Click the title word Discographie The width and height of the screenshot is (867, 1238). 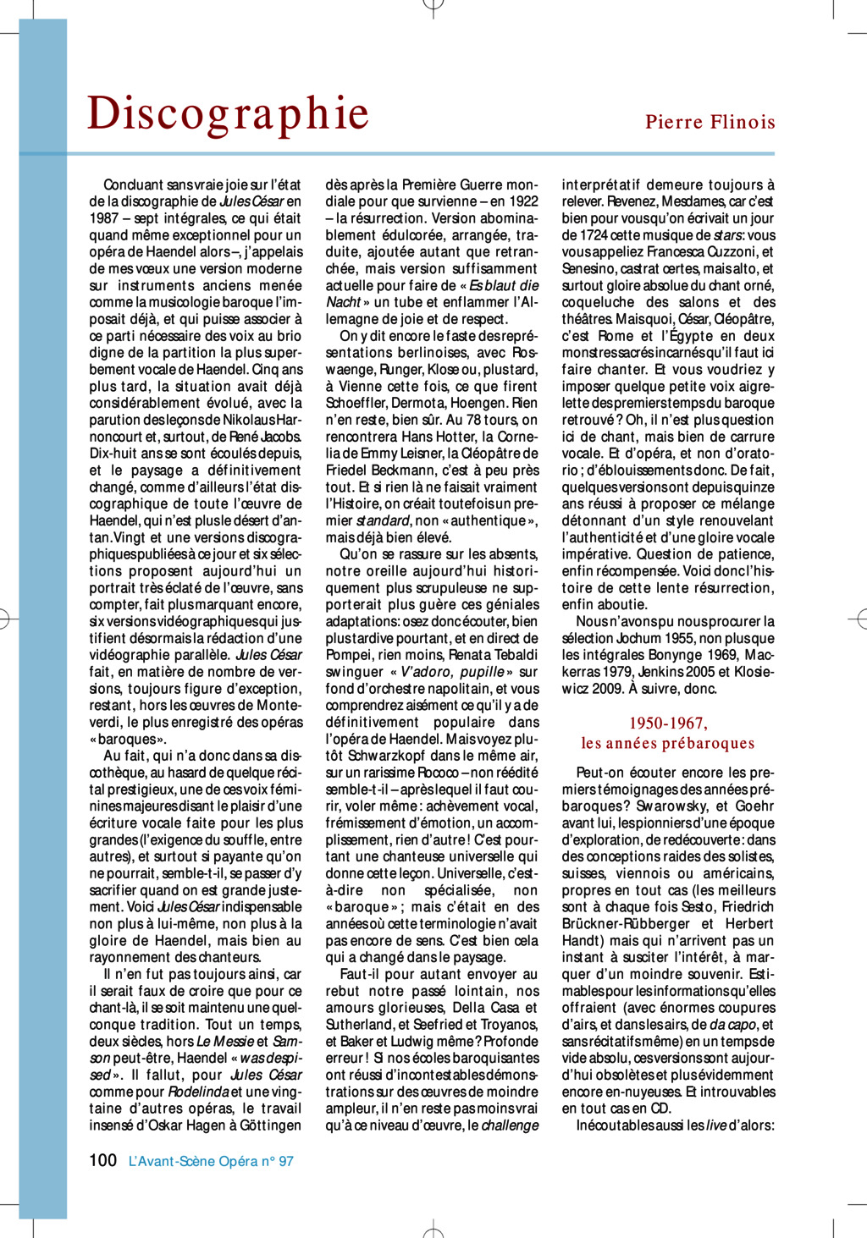(228, 113)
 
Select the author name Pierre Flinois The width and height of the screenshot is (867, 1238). (710, 122)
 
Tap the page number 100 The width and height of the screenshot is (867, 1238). (102, 1160)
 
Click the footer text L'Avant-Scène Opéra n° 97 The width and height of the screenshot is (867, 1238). (211, 1161)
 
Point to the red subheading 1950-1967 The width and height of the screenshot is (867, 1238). (667, 724)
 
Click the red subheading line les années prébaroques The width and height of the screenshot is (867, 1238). (667, 744)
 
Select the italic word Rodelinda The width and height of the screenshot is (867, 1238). (198, 1092)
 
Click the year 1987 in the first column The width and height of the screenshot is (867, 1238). (104, 218)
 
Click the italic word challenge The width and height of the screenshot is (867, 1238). (510, 1125)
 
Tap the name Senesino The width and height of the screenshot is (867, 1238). (588, 269)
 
